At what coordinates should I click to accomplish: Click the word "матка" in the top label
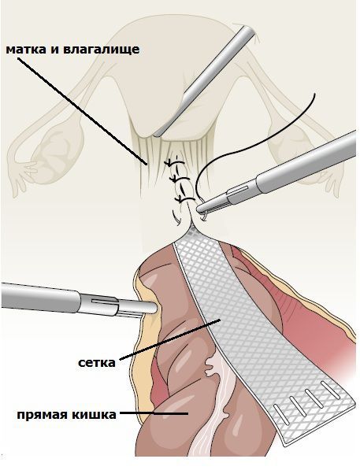click(26, 50)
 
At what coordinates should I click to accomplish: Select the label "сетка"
click(97, 363)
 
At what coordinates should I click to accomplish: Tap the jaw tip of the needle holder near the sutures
click(199, 208)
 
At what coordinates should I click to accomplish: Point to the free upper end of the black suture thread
click(314, 94)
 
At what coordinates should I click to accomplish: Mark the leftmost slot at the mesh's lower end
click(280, 415)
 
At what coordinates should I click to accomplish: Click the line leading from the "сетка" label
click(170, 339)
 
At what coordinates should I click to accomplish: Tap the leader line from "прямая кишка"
click(154, 414)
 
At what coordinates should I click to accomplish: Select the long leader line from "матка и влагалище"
click(82, 111)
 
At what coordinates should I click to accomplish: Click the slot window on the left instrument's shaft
click(104, 301)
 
